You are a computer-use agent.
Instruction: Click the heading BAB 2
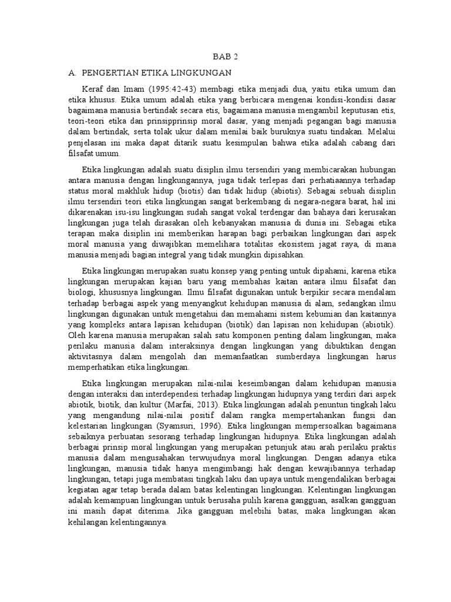coord(225,57)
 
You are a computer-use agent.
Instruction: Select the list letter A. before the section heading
coord(73,72)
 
